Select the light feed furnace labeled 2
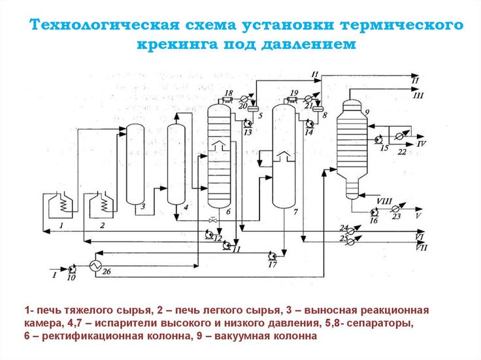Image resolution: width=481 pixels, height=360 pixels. pyautogui.click(x=102, y=206)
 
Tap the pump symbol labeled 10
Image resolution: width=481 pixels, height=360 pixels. pyautogui.click(x=72, y=268)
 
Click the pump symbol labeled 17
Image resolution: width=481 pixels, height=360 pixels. pyautogui.click(x=273, y=255)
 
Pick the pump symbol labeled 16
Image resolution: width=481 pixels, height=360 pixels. pyautogui.click(x=374, y=212)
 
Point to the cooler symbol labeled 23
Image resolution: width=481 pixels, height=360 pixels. pyautogui.click(x=395, y=208)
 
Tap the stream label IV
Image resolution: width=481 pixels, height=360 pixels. pyautogui.click(x=422, y=142)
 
